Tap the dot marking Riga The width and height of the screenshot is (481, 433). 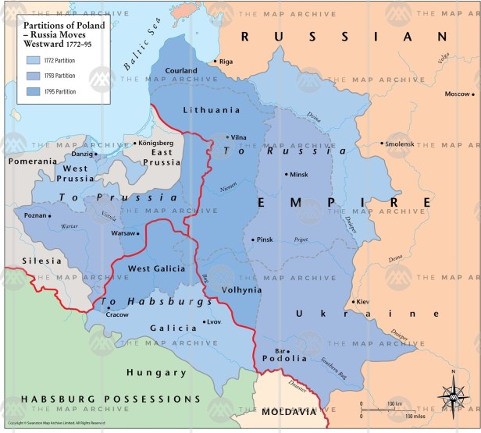click(x=216, y=60)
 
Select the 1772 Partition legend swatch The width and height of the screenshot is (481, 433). click(x=34, y=59)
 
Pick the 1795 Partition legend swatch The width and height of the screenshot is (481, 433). click(x=34, y=91)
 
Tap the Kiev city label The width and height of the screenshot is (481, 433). click(x=365, y=301)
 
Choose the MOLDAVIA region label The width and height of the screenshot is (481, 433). click(x=289, y=411)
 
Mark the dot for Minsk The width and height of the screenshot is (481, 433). click(x=286, y=175)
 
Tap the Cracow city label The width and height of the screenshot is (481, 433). click(x=118, y=314)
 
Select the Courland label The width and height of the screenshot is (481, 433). click(x=181, y=70)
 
